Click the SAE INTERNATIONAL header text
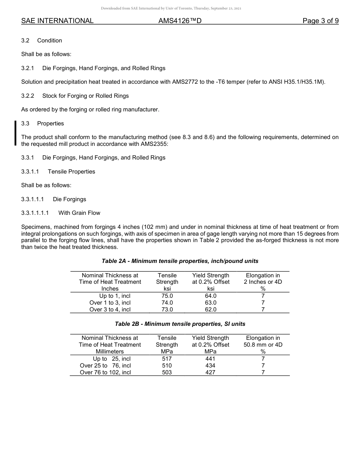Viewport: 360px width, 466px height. pyautogui.click(x=57, y=21)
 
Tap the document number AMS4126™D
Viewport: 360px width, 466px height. pyautogui.click(x=180, y=21)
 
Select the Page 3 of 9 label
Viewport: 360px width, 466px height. pyautogui.click(x=320, y=21)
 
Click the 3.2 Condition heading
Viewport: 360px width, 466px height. pyautogui.click(x=42, y=41)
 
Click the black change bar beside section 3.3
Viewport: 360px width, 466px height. pyautogui.click(x=16, y=133)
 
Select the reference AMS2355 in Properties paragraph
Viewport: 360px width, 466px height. pyautogui.click(x=154, y=144)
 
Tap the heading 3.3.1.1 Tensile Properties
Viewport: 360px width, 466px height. pyautogui.click(x=58, y=172)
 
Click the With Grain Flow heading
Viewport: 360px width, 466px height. pyautogui.click(x=79, y=213)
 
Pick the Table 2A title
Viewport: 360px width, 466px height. pyautogui.click(x=180, y=261)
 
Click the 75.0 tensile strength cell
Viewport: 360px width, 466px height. pyautogui.click(x=167, y=296)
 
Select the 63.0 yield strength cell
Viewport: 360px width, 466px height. pyautogui.click(x=210, y=303)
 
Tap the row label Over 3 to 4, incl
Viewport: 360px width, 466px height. pyautogui.click(x=110, y=310)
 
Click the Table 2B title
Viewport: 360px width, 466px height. pyautogui.click(x=180, y=324)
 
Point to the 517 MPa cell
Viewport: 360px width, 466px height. pyautogui.click(x=167, y=359)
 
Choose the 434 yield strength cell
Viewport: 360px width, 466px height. pyautogui.click(x=210, y=366)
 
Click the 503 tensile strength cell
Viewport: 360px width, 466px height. pyautogui.click(x=167, y=372)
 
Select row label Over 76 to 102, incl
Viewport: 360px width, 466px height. pyautogui.click(x=105, y=372)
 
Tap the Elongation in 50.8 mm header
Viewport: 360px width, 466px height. pyautogui.click(x=263, y=341)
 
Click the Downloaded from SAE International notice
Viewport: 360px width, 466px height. pyautogui.click(x=171, y=8)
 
